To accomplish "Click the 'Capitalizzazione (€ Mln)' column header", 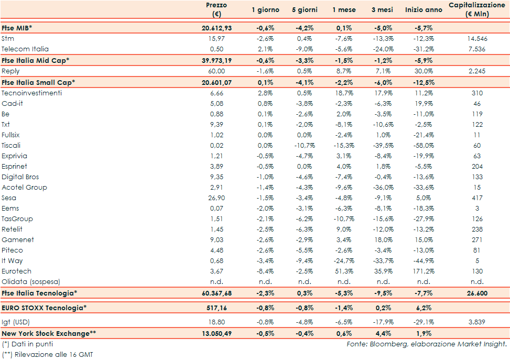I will click(476, 9).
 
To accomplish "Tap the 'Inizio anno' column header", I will click(424, 10).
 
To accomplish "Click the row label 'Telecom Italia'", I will click(25, 49).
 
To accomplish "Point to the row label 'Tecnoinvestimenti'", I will click(31, 93).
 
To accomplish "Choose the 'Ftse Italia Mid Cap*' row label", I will click(36, 60).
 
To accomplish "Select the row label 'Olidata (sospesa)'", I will click(31, 281).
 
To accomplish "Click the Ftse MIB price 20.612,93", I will click(216, 28).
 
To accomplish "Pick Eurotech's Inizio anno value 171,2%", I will click(422, 271).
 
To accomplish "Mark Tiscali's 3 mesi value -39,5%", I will click(382, 145).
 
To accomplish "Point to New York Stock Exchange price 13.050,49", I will click(216, 333).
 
